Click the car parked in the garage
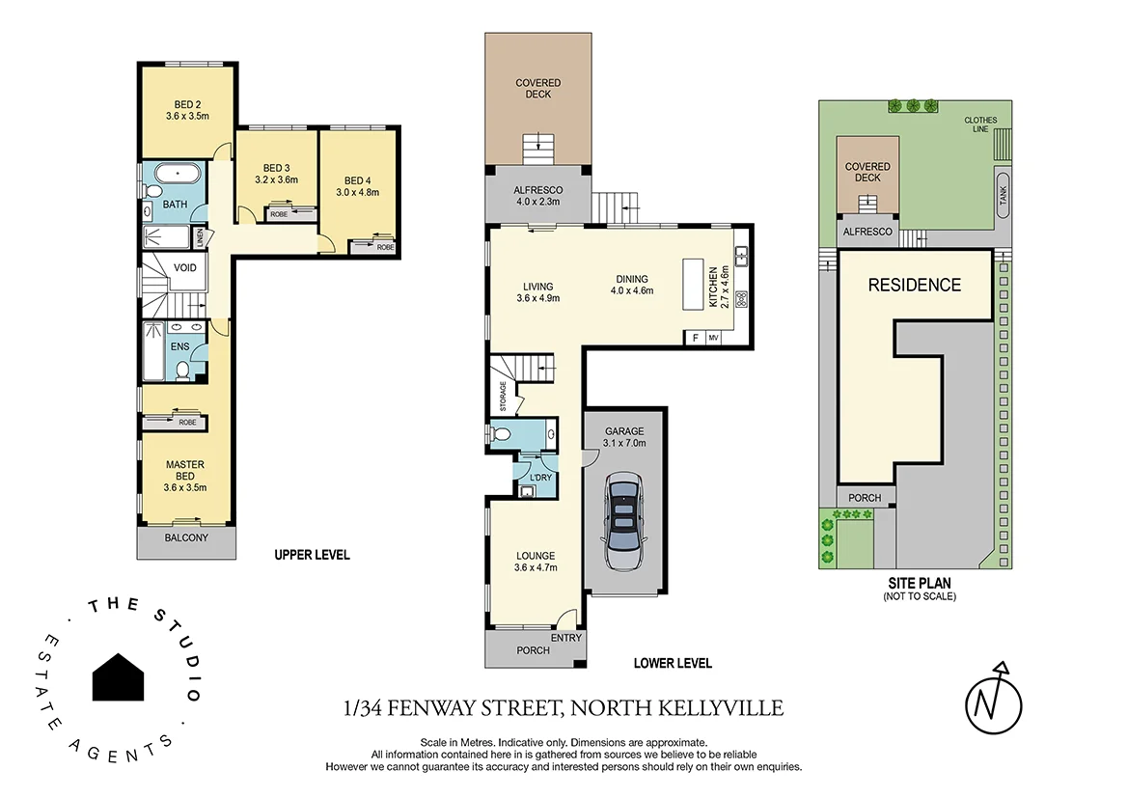623,522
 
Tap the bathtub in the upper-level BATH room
179,176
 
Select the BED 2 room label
187,105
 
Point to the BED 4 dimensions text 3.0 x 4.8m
357,192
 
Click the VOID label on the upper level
187,267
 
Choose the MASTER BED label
184,470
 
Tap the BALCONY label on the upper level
186,537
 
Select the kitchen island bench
693,284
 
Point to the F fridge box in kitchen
694,338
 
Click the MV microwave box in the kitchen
714,338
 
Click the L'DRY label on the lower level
540,477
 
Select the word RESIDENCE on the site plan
914,285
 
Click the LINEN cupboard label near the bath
200,236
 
